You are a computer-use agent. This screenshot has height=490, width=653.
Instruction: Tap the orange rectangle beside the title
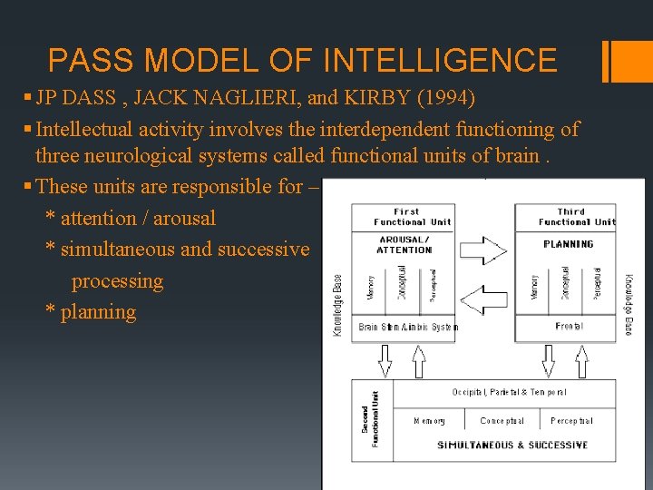(x=626, y=61)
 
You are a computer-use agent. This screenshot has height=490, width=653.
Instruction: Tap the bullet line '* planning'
(x=92, y=312)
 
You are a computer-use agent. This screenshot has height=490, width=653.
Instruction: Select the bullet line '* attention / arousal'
(x=131, y=218)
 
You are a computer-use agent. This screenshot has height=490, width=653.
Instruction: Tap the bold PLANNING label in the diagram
(x=569, y=244)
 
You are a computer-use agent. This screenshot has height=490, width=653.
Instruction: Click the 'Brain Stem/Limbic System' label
(x=407, y=327)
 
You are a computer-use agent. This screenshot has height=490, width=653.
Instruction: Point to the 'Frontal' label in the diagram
(x=569, y=326)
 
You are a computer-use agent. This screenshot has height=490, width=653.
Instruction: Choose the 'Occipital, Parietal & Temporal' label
(x=510, y=392)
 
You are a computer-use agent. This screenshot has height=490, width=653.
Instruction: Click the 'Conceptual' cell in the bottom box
(x=502, y=421)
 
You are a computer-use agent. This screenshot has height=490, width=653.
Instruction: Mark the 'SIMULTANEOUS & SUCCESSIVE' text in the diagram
(x=512, y=445)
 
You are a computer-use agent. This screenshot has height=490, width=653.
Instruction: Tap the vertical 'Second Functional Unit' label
(x=371, y=419)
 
